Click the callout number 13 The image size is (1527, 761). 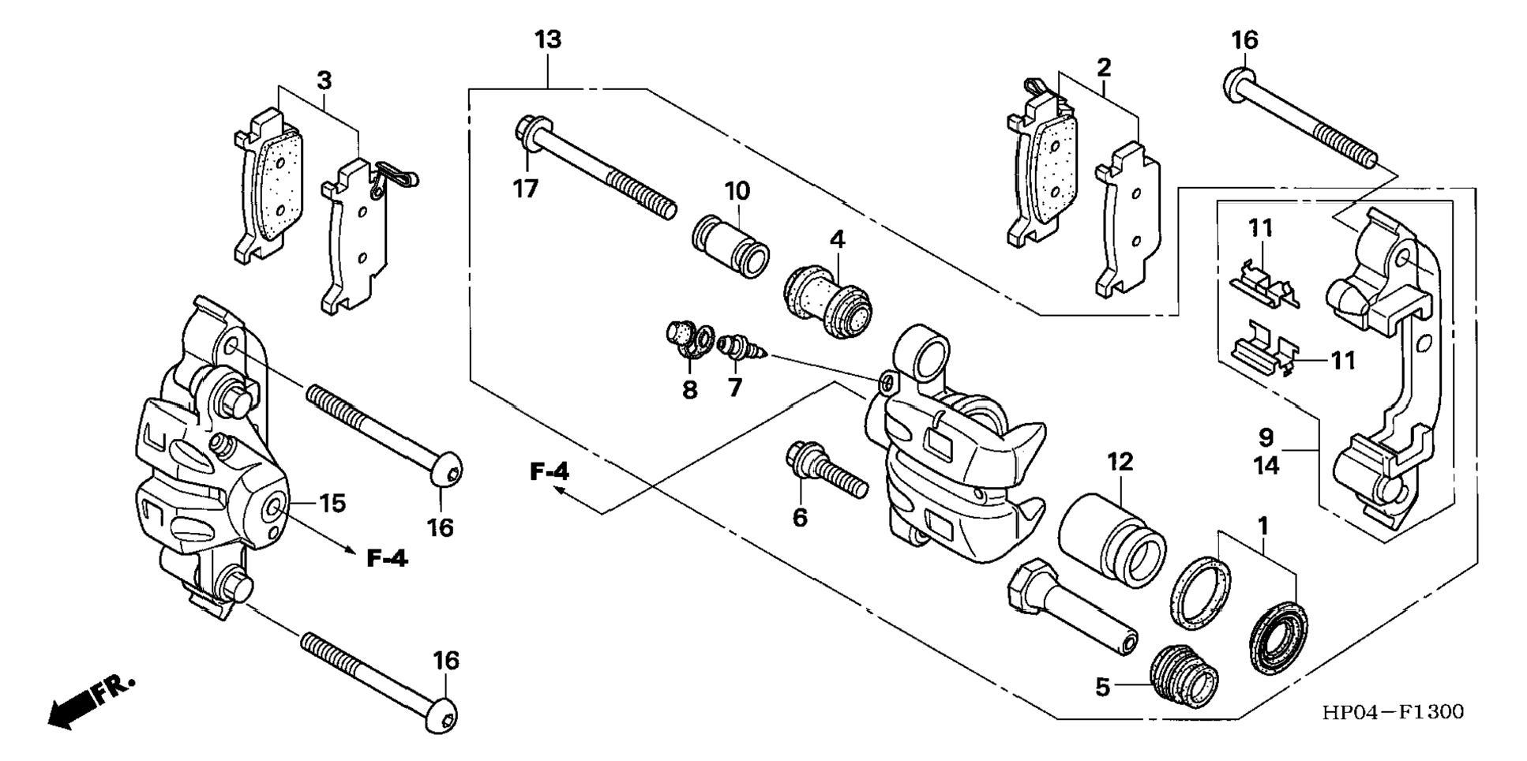click(x=548, y=39)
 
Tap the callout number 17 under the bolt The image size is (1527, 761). click(x=526, y=189)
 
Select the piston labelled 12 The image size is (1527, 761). click(x=1112, y=538)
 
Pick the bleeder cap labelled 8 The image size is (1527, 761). click(x=685, y=338)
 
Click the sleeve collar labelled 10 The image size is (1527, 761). click(x=730, y=246)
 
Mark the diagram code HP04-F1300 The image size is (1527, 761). click(x=1393, y=712)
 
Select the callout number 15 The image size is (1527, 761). click(x=332, y=503)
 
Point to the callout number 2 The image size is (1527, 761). click(x=1104, y=67)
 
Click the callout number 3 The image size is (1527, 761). click(x=324, y=81)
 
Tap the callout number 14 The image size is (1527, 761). click(x=1266, y=466)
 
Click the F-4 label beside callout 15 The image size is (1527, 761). click(x=388, y=558)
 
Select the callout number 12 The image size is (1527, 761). click(x=1120, y=462)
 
